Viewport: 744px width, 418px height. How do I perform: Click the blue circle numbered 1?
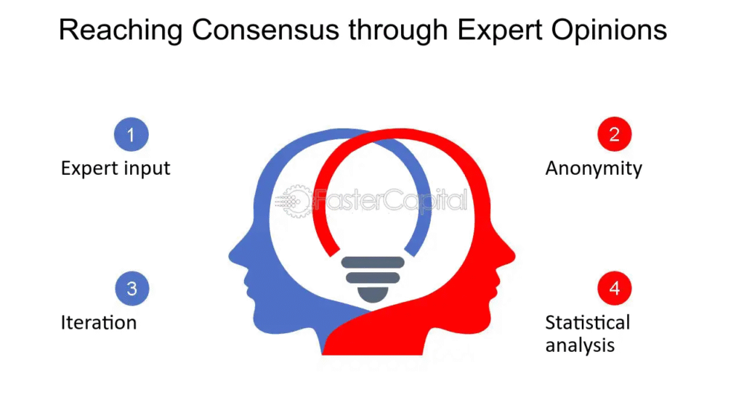point(132,134)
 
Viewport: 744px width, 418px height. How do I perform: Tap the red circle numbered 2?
point(615,134)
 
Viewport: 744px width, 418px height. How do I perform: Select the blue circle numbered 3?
point(132,288)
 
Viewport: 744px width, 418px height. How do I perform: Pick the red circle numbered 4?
point(615,287)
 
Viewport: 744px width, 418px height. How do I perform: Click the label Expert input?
point(116,168)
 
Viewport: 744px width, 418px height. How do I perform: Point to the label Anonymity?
point(594,169)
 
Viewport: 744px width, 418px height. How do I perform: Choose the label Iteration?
point(99,323)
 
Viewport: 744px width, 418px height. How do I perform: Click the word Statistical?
point(587,323)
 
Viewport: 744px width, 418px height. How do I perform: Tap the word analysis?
point(580,345)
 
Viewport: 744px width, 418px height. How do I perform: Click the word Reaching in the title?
point(121,30)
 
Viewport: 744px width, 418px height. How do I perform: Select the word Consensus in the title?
point(265,30)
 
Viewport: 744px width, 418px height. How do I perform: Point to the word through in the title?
point(397,30)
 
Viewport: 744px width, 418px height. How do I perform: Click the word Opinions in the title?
point(609,30)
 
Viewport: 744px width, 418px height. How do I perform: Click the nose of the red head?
point(512,256)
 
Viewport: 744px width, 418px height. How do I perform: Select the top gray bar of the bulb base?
point(373,263)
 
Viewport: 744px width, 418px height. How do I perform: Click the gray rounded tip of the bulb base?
point(373,295)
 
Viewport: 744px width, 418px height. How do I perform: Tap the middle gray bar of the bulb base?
point(373,278)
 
